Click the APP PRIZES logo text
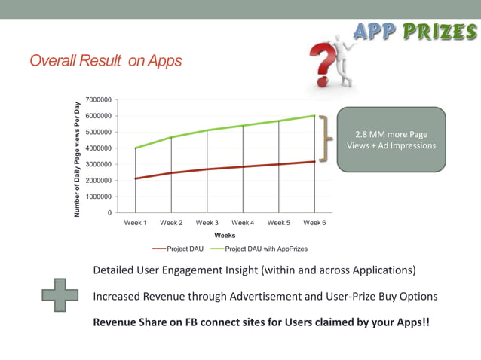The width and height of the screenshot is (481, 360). [414, 31]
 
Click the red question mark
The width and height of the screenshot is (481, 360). [322, 63]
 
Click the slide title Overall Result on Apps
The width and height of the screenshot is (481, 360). [106, 61]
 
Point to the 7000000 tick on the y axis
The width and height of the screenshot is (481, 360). [99, 99]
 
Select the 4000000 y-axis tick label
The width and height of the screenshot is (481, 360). [99, 148]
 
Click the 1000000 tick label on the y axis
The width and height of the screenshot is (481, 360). [99, 197]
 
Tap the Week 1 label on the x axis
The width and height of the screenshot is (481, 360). [135, 223]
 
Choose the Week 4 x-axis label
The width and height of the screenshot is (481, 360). [243, 223]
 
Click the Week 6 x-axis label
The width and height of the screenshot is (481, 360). [314, 223]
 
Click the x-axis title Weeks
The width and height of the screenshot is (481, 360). [225, 236]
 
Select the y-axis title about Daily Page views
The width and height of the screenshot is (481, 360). [77, 159]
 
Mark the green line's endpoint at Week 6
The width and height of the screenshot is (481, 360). [315, 116]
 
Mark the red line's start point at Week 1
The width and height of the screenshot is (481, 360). [135, 178]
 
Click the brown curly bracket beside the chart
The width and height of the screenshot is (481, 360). [325, 139]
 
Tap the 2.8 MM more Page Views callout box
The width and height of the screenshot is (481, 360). [391, 139]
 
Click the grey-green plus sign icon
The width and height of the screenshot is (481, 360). [60, 296]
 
